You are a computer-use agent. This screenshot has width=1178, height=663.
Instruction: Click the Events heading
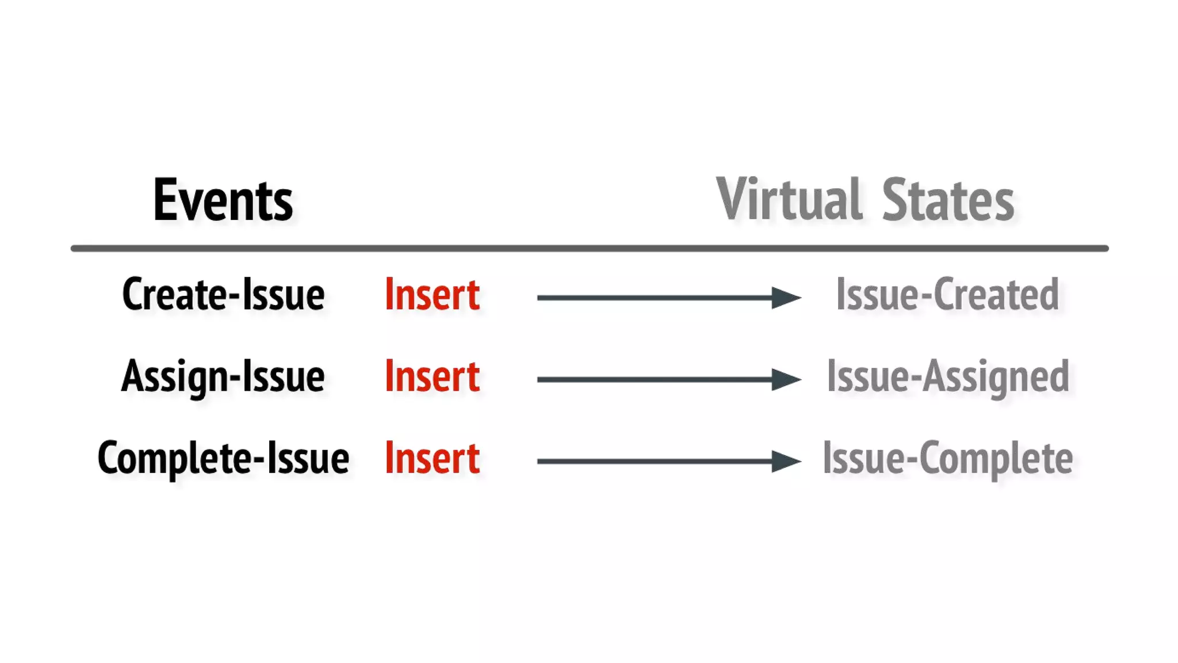pos(223,200)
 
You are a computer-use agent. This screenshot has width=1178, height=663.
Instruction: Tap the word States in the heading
pos(948,200)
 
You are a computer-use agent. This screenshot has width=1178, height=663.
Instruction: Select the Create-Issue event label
pos(223,295)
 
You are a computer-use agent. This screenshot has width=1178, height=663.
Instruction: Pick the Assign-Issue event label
pos(223,377)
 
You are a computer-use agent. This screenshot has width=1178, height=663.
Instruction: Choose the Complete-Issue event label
pos(223,459)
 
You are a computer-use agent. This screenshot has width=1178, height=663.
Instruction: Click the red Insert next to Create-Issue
pos(432,295)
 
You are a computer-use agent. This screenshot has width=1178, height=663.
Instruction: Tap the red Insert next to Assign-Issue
pos(432,376)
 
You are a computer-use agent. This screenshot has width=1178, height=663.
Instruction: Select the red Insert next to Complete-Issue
pos(432,459)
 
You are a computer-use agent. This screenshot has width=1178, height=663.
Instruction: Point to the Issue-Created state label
pos(947,295)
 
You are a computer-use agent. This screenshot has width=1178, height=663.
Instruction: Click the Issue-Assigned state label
pos(948,377)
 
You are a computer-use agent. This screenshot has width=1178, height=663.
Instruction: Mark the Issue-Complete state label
pos(948,459)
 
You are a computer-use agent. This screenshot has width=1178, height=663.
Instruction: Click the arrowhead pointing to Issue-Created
pos(785,298)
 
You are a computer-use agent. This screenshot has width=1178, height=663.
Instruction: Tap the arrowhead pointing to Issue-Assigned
pos(785,379)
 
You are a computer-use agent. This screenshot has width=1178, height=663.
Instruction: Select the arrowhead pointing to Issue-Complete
pos(785,461)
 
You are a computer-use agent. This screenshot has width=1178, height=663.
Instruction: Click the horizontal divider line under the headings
pos(590,249)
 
